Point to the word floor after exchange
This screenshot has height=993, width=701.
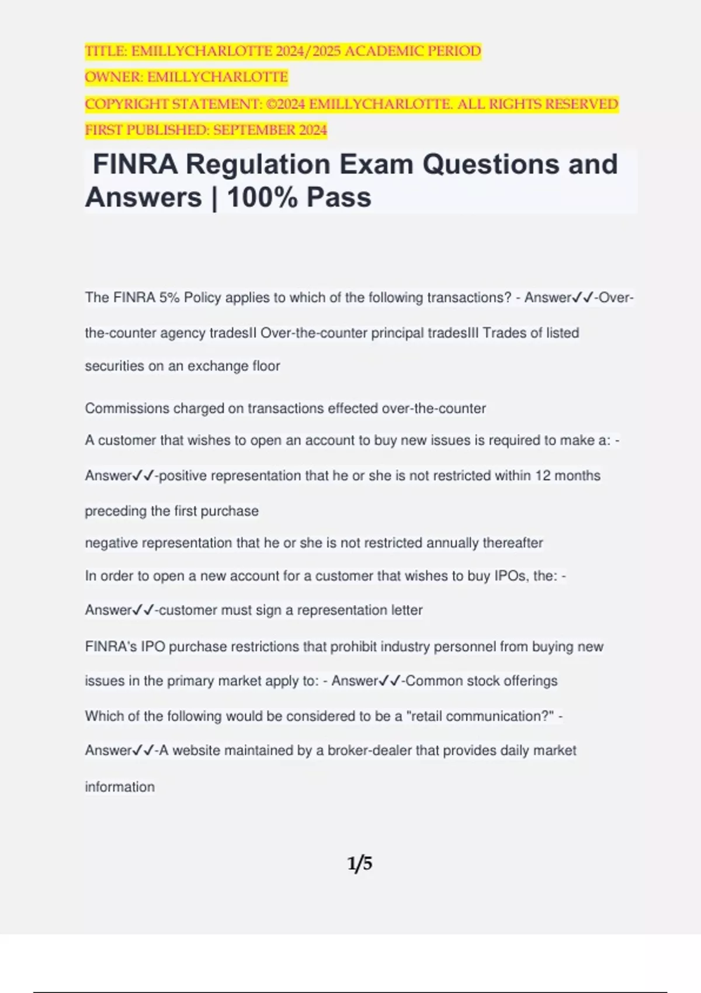coord(266,366)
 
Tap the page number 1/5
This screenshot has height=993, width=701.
coord(360,863)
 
